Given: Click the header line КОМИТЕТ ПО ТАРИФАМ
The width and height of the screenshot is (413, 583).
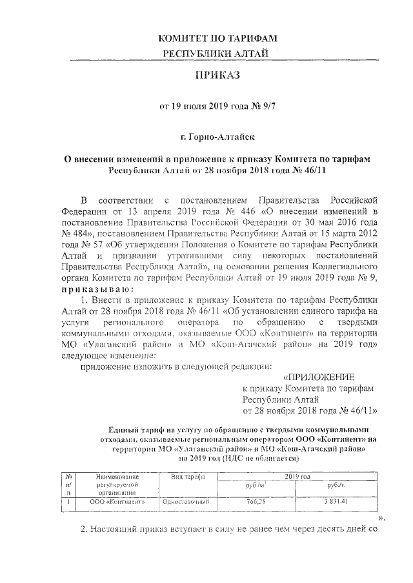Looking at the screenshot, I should (217, 39).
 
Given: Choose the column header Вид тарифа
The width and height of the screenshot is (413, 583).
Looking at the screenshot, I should (187, 477).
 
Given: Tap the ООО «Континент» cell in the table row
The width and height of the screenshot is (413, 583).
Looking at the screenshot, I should (117, 502).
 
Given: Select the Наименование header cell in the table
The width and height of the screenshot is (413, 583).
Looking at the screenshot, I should (117, 477).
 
